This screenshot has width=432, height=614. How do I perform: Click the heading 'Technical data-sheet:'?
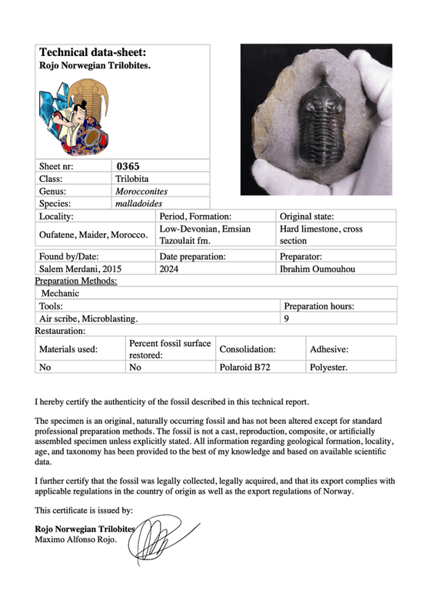92,53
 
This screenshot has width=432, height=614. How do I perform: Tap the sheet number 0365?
128,165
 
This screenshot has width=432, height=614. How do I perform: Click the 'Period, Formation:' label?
195,217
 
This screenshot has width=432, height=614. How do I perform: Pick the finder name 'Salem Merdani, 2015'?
80,269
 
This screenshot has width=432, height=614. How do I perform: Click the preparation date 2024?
169,269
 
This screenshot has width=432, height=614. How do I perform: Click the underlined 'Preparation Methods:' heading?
76,281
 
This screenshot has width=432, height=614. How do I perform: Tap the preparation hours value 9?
286,318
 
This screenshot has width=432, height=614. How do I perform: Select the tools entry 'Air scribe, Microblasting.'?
89,318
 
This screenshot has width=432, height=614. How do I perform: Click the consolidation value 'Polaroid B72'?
244,368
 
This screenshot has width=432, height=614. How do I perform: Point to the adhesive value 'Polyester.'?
328,368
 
